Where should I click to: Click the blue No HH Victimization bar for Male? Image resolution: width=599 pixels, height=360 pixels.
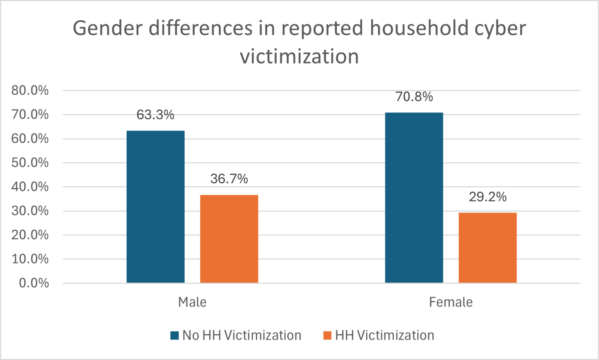point(155,207)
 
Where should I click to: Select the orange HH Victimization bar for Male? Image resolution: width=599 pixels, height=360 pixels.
point(229,239)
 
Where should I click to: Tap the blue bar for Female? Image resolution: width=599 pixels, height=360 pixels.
point(414,197)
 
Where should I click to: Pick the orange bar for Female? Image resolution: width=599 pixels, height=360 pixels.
point(487,248)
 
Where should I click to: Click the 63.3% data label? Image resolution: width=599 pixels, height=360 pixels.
point(155,115)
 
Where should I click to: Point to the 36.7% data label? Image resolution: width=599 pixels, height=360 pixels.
point(229,179)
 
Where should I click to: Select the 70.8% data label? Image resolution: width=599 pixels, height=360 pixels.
point(414,97)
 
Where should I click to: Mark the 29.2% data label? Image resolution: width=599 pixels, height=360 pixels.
point(487,197)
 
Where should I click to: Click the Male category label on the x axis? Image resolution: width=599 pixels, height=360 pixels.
point(192,302)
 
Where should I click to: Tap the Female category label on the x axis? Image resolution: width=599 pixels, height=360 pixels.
point(451,302)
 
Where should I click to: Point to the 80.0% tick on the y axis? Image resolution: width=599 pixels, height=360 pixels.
point(30,91)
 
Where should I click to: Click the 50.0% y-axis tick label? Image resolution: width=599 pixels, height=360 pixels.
point(30,163)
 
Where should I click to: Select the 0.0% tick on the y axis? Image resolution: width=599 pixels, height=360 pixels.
point(34,283)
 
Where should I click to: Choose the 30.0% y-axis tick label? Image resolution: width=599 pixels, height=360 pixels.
point(30,211)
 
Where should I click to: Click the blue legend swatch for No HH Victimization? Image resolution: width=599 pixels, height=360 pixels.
point(174,335)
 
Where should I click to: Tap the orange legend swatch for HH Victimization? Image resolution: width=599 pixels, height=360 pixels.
point(327,335)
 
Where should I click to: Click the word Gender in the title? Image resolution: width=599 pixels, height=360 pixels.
point(107,28)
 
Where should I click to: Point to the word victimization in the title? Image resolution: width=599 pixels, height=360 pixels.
point(299,56)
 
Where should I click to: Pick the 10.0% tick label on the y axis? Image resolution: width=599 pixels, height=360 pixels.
point(30,259)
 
